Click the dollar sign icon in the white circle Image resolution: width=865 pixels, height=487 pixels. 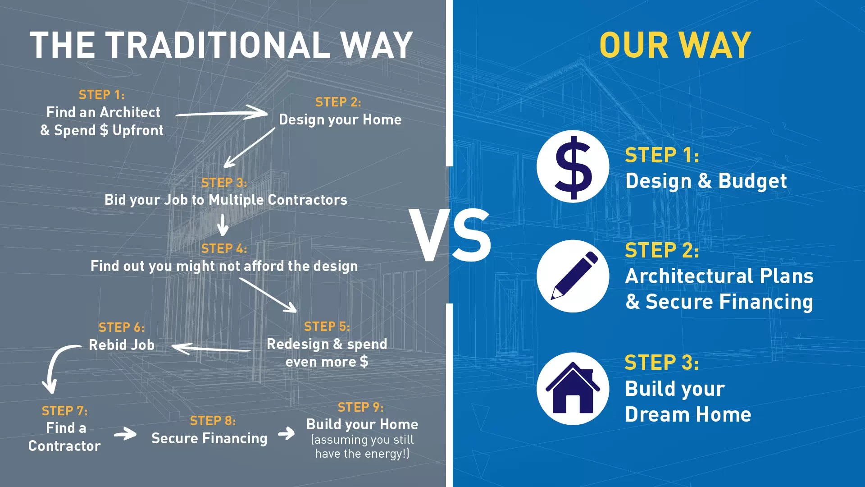tap(573, 167)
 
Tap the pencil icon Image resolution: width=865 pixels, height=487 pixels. tap(574, 276)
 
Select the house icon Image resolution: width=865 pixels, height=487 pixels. tap(573, 388)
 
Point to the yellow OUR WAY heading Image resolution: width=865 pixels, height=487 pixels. tap(675, 45)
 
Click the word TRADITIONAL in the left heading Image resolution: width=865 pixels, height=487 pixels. tap(218, 45)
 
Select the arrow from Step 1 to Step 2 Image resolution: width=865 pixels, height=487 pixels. tap(221, 113)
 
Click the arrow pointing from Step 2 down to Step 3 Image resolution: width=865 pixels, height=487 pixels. tap(249, 147)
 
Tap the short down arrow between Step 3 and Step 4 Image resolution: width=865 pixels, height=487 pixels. tap(223, 225)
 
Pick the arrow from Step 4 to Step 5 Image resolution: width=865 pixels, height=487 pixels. tap(268, 295)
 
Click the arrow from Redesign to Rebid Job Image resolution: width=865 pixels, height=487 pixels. tap(211, 349)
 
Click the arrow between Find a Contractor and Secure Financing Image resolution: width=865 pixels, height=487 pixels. tap(125, 434)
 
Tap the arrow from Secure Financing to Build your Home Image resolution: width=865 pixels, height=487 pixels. tap(286, 434)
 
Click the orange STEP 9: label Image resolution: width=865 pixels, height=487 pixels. tap(360, 407)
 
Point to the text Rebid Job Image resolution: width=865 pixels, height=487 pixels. tap(122, 345)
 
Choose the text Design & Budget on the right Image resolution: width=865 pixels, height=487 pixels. tap(706, 181)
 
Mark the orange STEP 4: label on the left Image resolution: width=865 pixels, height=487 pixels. tap(224, 248)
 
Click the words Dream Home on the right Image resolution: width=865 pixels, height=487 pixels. tap(688, 414)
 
